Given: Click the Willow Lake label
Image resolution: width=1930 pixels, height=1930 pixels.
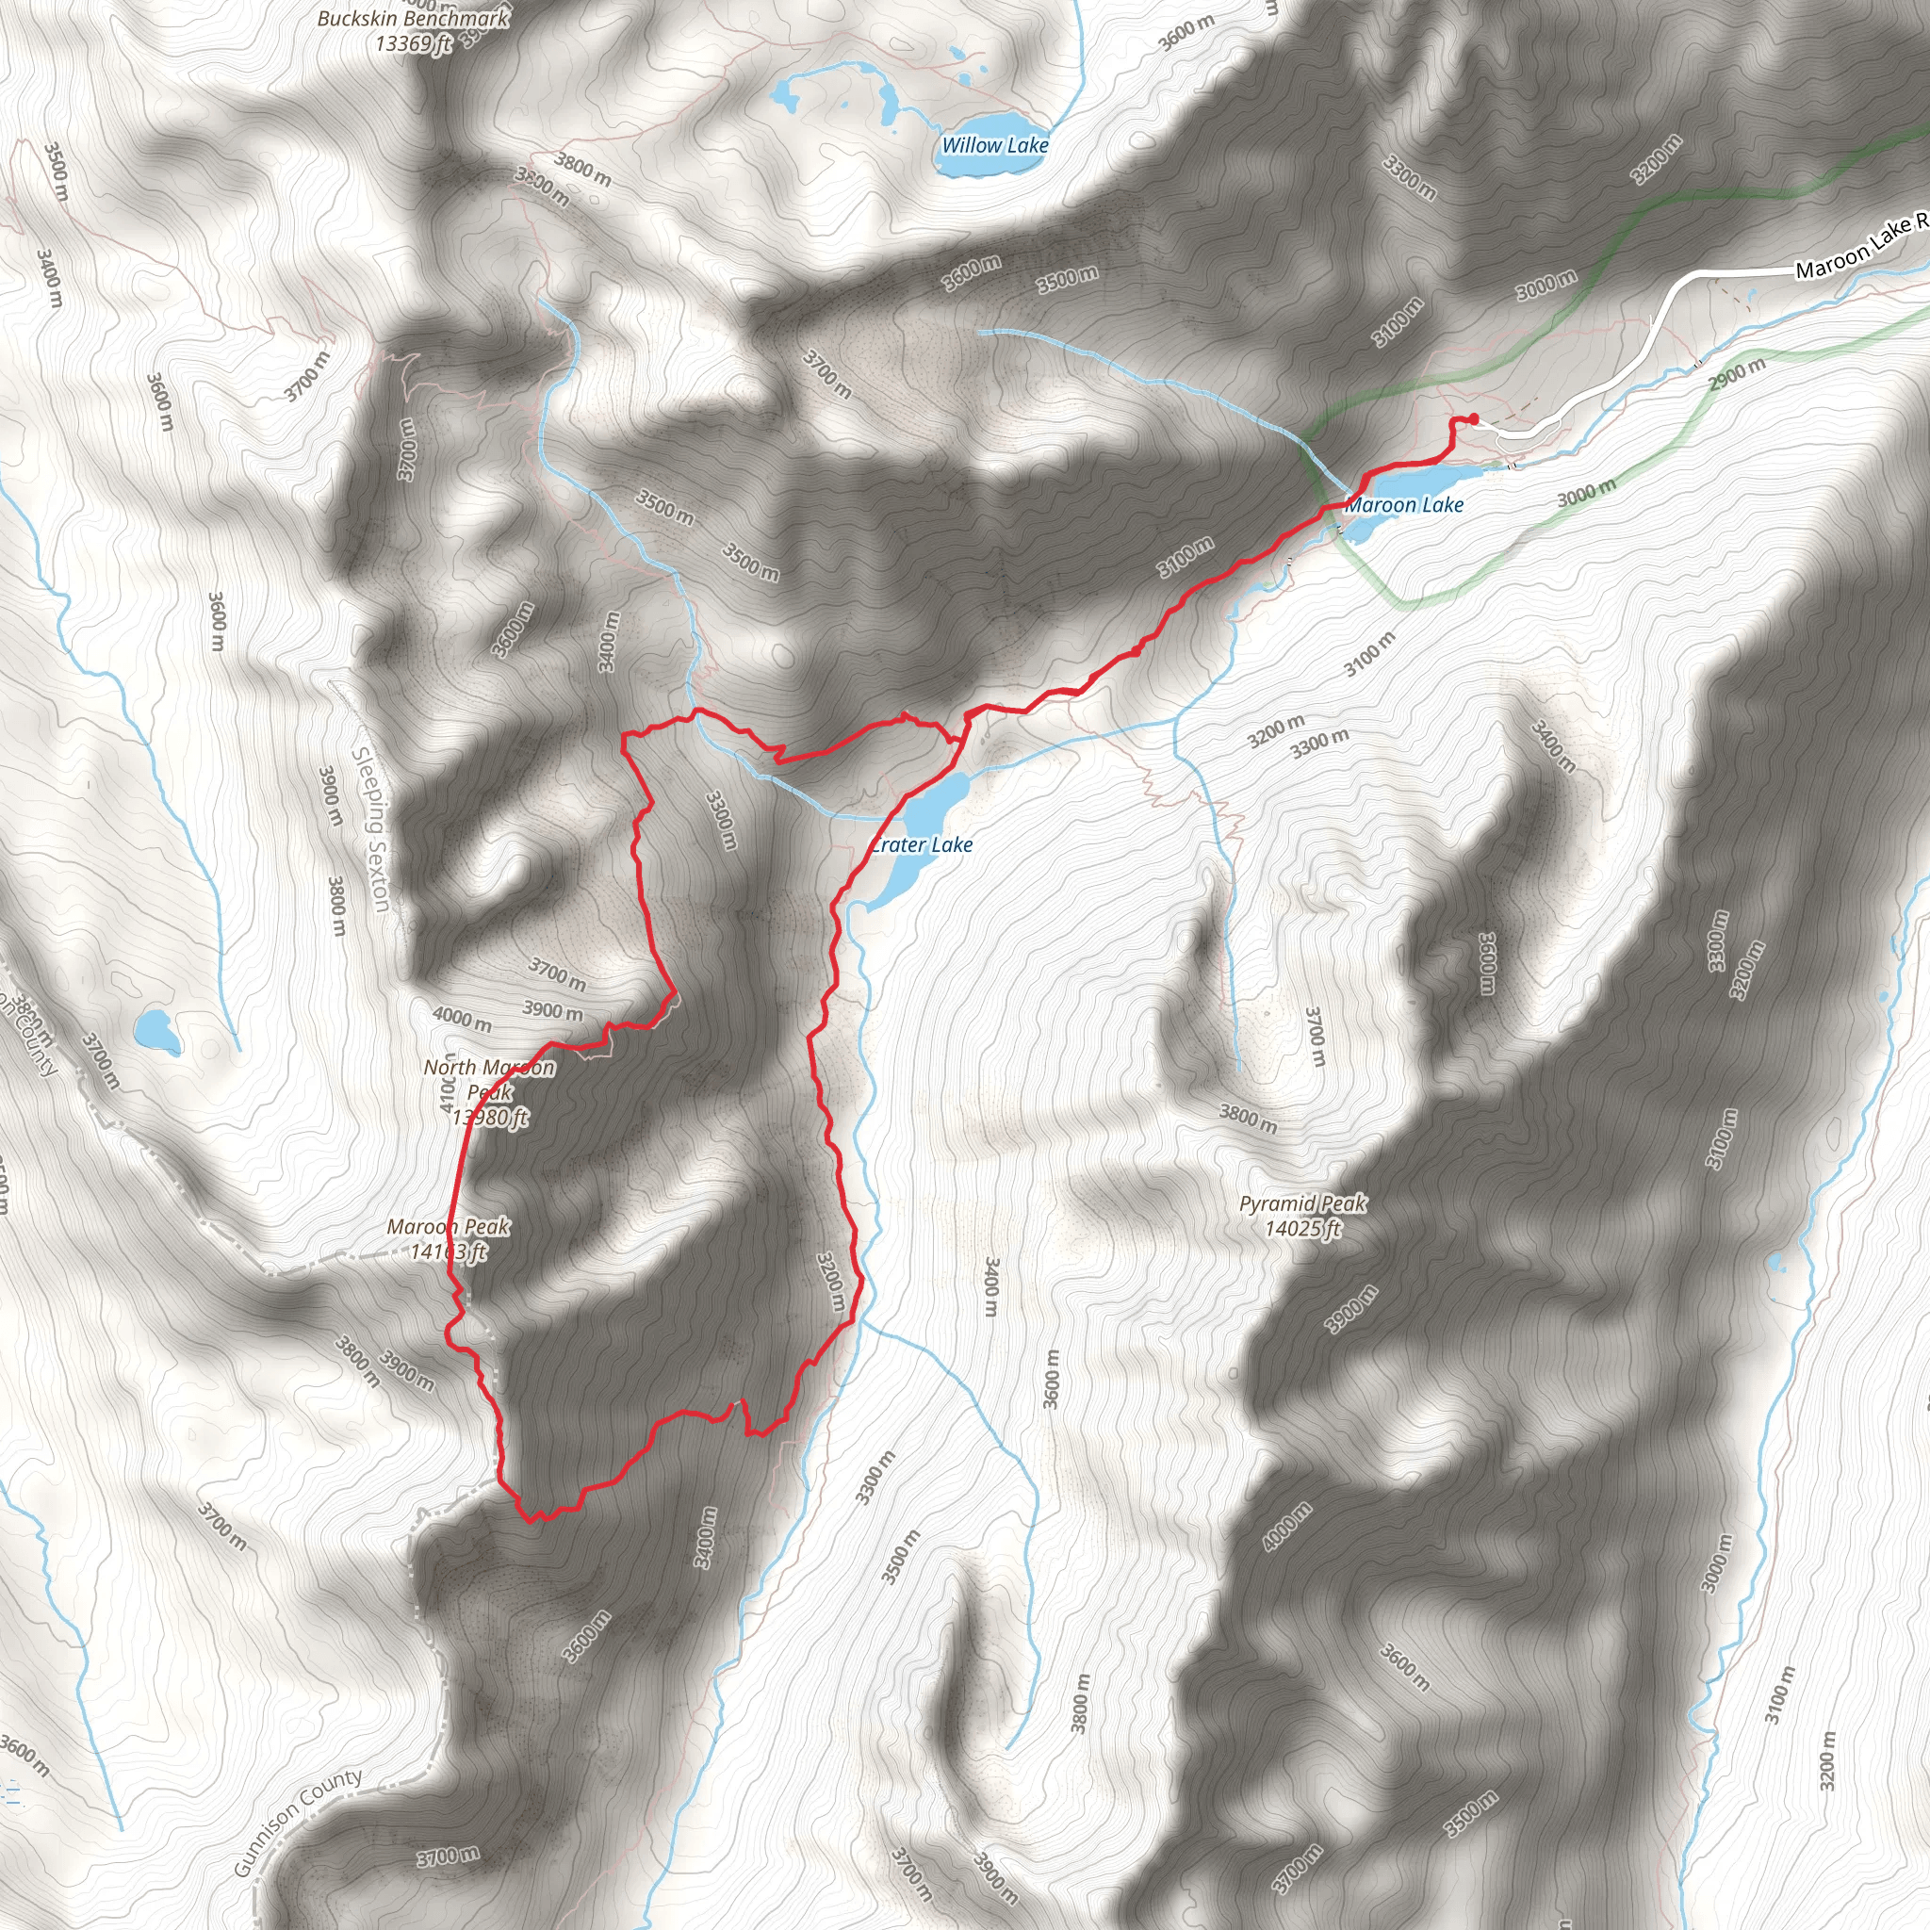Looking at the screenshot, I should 995,146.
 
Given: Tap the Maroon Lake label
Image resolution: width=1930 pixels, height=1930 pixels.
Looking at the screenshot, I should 1404,505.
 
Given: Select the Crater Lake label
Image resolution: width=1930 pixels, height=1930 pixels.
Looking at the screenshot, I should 921,845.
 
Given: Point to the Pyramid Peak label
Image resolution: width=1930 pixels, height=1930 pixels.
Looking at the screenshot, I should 1302,1203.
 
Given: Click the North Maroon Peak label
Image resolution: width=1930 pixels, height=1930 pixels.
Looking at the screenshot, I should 489,1080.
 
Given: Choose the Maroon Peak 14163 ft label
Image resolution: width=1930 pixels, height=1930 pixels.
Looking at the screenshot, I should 449,1238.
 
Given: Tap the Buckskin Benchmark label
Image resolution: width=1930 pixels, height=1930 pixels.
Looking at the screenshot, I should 413,19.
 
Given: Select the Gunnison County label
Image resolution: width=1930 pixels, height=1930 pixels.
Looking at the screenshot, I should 298,1823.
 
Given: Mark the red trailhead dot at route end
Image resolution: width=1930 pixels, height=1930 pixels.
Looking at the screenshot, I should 1474,418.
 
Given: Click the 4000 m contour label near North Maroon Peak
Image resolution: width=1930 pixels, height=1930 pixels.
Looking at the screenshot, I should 462,1019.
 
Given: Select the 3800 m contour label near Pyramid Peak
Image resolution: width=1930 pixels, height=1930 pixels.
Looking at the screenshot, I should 1248,1118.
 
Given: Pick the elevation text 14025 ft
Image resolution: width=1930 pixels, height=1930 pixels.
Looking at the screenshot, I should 1302,1229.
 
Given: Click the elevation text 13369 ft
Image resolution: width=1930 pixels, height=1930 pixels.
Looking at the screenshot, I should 413,43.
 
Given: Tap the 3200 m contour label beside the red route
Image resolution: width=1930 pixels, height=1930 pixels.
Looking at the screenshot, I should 832,1283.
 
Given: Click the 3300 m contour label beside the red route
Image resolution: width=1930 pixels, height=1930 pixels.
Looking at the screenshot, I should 721,820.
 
